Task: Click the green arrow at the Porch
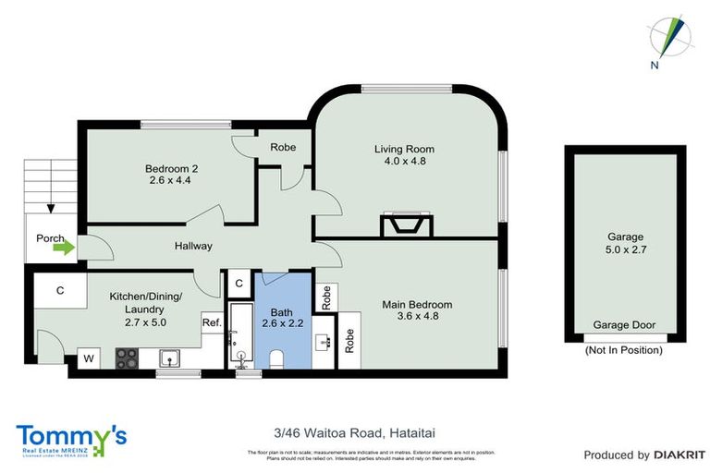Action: coord(63,248)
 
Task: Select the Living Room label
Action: coord(404,149)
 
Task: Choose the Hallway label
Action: coord(194,246)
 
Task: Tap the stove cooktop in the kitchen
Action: coord(127,357)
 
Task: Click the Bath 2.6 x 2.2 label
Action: coord(281,317)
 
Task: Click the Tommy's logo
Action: coord(70,437)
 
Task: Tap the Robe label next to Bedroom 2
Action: coord(282,147)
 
